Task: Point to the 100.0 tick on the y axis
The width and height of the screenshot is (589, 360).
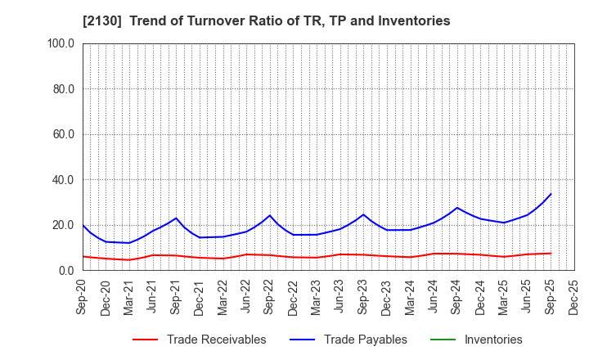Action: point(62,43)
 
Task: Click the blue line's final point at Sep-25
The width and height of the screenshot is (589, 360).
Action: point(551,194)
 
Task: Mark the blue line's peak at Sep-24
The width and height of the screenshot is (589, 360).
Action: point(458,208)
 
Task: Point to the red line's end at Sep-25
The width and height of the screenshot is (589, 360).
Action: point(551,253)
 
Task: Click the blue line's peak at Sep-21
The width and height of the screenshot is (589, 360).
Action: point(176,218)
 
